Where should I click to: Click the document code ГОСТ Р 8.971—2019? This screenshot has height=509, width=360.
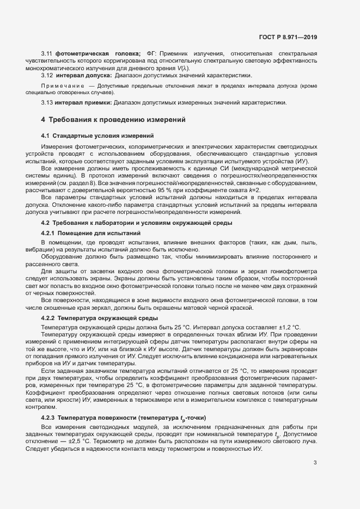pos(288,38)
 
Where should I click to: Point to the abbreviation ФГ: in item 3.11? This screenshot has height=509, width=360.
pos(151,53)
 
